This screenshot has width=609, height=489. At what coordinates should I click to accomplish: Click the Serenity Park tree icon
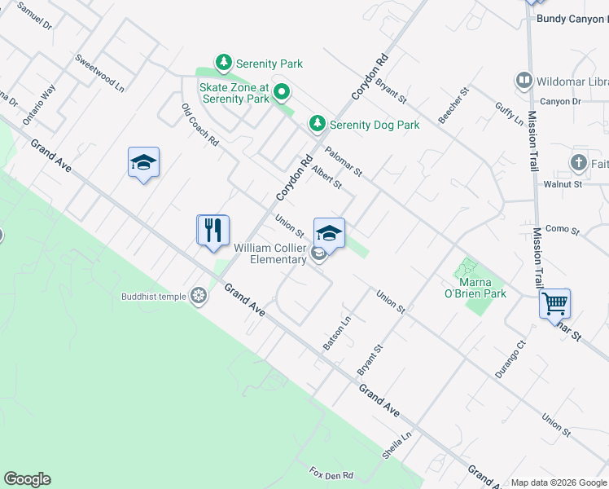click(223, 63)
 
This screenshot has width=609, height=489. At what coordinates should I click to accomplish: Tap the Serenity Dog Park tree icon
click(317, 124)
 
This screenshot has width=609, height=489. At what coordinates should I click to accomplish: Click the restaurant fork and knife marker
click(213, 231)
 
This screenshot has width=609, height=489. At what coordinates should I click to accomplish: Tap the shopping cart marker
click(554, 304)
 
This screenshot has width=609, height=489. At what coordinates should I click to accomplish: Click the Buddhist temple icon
click(198, 296)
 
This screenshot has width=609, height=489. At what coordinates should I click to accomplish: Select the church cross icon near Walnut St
click(579, 163)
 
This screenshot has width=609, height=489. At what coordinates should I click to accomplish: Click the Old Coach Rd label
click(200, 125)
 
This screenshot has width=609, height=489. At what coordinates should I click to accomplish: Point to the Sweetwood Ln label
click(99, 73)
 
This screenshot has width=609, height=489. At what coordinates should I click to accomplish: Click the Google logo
click(27, 479)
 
